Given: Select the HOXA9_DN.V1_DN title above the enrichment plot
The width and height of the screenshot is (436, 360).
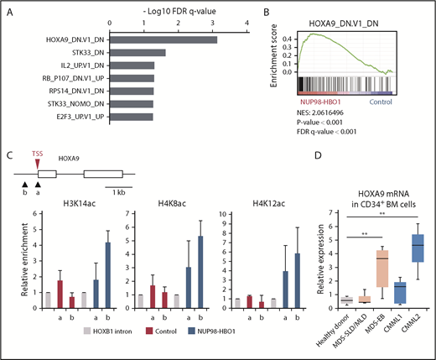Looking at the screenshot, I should coord(364,14).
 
